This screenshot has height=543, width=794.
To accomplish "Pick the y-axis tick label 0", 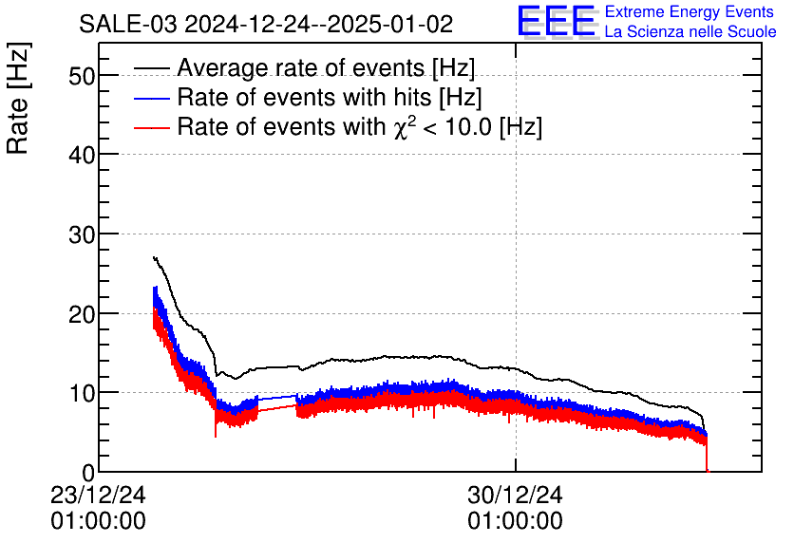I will click(x=88, y=472).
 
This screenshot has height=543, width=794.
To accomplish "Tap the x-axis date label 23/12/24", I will click(x=99, y=496).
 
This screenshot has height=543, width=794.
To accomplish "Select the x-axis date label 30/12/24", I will click(x=515, y=496).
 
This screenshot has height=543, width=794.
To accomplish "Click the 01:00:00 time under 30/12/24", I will click(x=515, y=521).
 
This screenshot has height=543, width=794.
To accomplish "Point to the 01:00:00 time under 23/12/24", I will click(x=99, y=521).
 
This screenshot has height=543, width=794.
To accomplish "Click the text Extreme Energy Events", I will click(x=690, y=12).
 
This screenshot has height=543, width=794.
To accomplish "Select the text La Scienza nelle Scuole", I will click(x=690, y=32).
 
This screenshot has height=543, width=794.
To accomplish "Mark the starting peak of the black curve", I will click(x=154, y=257).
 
